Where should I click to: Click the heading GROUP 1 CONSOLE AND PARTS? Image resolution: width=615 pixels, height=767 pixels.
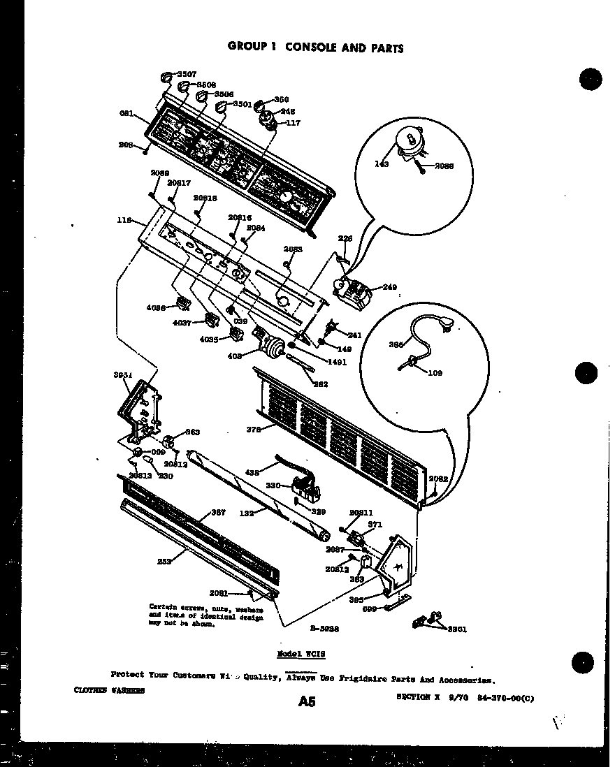315,48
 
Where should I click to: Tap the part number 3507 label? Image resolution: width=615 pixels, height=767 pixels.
186,73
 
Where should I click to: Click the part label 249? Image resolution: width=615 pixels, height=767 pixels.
389,287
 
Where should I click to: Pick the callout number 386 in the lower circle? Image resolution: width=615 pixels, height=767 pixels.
396,344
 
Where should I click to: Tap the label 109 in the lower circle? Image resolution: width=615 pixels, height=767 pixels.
434,373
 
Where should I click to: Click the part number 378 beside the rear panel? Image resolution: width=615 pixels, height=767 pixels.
254,430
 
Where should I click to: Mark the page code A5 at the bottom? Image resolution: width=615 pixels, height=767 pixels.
306,701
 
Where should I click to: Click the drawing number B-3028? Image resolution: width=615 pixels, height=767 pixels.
325,628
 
